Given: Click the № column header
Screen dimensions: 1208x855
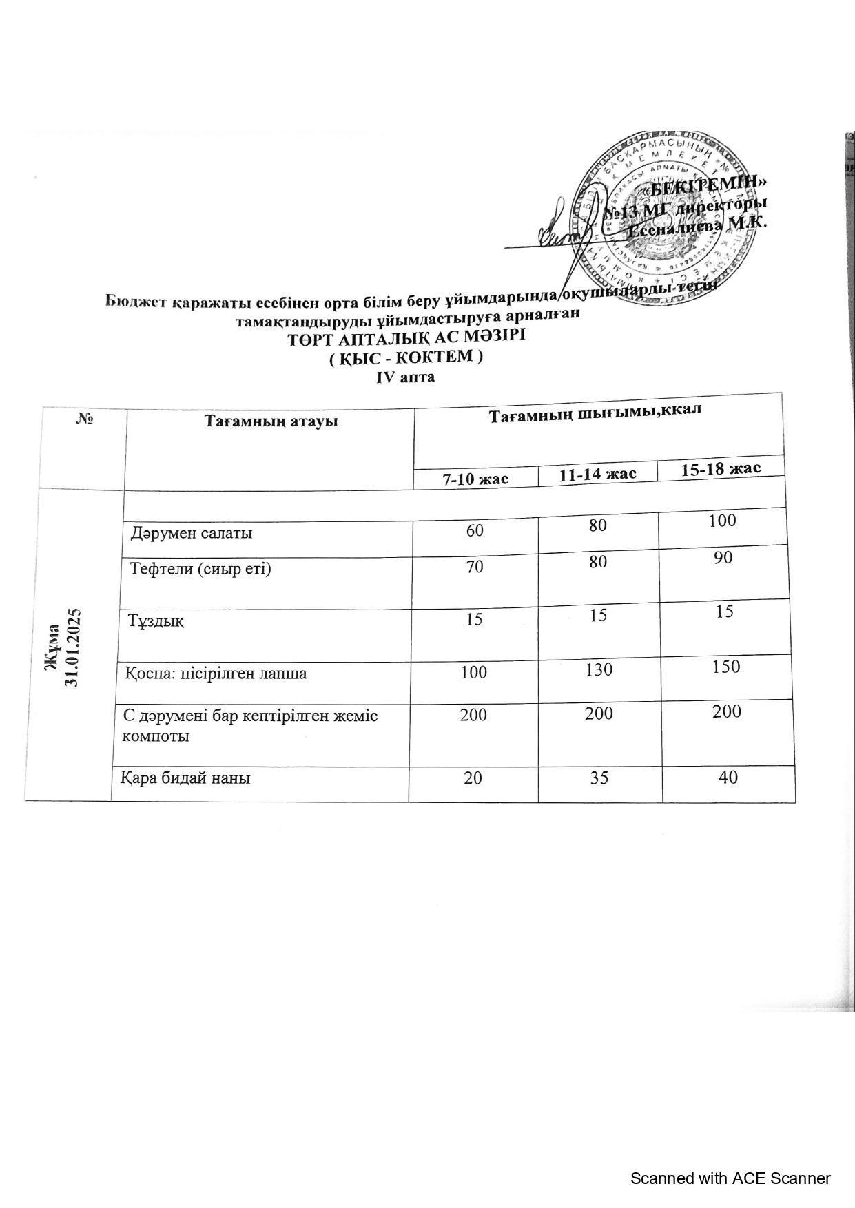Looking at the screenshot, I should pos(85,418).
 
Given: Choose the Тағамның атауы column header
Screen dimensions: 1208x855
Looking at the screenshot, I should pos(271,420).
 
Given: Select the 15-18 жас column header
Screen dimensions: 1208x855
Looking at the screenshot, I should pos(721,469).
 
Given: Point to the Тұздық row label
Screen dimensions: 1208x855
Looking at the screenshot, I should pos(156,621).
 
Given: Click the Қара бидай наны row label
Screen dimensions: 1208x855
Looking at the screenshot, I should pos(186,778).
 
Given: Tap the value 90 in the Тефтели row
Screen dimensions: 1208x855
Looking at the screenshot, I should pos(723,558).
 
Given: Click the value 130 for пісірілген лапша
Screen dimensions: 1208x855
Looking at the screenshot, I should pos(597,669).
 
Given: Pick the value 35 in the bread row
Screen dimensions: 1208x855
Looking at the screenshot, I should pos(597,778).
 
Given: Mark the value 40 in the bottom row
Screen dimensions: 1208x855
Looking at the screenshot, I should pos(728,778).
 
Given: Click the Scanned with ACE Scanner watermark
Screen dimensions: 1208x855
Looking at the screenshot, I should pos(730,1178).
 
